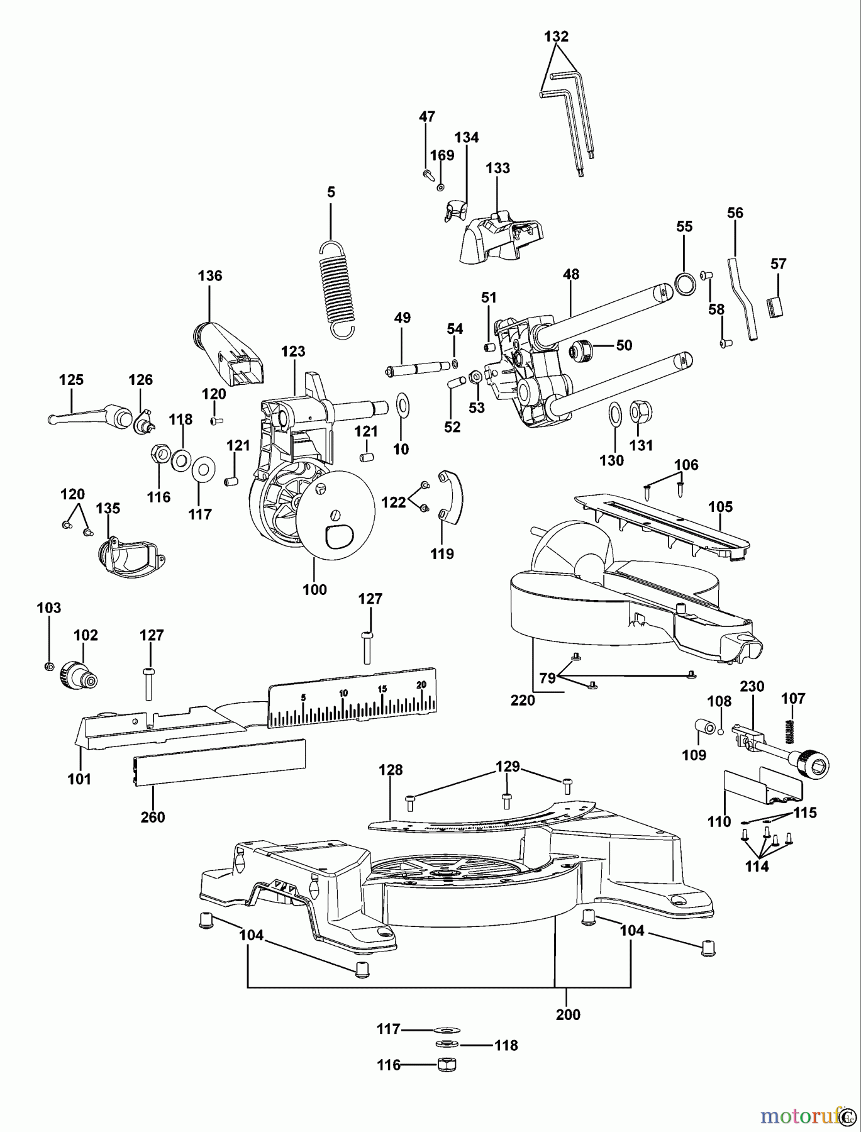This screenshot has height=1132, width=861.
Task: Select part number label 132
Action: (556, 36)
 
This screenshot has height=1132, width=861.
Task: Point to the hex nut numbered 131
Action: (640, 412)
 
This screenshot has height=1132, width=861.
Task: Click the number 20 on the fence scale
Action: (421, 684)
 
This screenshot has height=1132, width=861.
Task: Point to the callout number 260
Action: (153, 817)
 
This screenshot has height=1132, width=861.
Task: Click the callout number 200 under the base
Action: (568, 1014)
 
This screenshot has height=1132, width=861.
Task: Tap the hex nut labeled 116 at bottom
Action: (446, 1064)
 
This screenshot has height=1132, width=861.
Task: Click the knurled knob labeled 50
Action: (582, 349)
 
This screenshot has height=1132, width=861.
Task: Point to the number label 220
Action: (523, 699)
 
